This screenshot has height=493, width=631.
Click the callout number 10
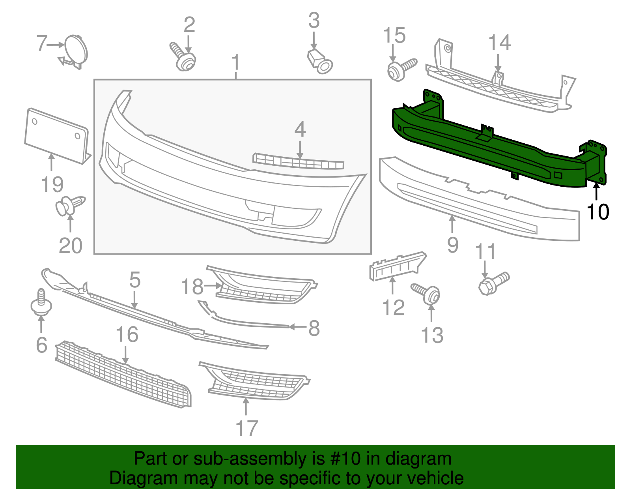(598, 212)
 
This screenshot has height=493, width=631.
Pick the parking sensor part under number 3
(320, 62)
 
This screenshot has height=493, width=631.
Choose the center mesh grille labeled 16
(122, 373)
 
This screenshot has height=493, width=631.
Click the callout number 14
(499, 42)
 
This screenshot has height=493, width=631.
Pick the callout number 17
(246, 428)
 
